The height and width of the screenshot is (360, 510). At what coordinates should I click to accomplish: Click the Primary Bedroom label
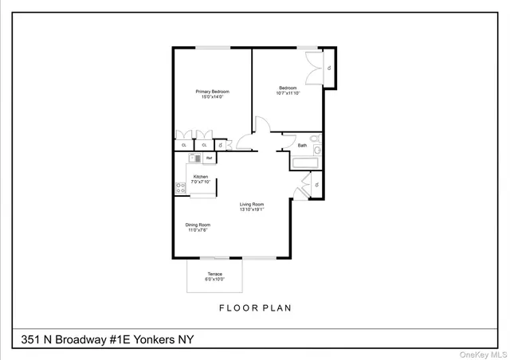click(213, 92)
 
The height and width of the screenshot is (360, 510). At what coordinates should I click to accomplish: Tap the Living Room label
click(252, 205)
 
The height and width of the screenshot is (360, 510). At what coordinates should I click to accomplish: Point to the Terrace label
click(215, 274)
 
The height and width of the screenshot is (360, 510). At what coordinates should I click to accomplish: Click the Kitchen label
click(201, 176)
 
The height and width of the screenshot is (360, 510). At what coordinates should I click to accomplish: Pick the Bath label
click(302, 146)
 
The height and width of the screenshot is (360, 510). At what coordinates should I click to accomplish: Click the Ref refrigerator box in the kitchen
click(209, 158)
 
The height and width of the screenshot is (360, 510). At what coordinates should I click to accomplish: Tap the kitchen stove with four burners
click(180, 189)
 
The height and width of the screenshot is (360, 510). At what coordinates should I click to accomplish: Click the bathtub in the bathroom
click(305, 163)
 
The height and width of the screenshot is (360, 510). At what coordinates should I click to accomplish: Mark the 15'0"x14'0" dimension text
click(213, 97)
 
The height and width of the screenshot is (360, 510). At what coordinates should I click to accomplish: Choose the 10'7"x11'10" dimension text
click(288, 93)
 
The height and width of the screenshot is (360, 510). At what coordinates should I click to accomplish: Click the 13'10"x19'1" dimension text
click(252, 210)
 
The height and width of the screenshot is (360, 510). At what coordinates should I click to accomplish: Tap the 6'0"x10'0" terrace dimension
click(215, 280)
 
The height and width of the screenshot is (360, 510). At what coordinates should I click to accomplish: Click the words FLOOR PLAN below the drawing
click(254, 307)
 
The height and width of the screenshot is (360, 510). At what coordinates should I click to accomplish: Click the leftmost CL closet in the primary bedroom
click(184, 145)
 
